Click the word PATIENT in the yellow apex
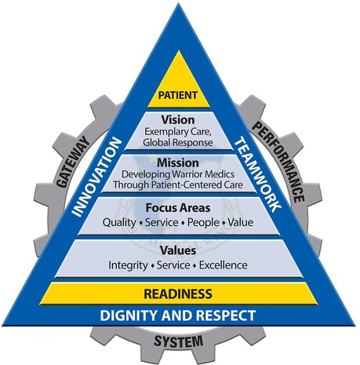click(x=178, y=95)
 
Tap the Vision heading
click(x=178, y=120)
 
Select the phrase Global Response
click(x=178, y=143)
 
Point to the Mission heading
click(x=178, y=163)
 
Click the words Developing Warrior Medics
click(x=178, y=174)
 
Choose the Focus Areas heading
click(x=178, y=208)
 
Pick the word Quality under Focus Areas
click(x=119, y=223)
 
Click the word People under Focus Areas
click(x=203, y=223)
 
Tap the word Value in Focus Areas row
click(x=241, y=222)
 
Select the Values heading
click(x=178, y=250)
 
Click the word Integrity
click(x=128, y=265)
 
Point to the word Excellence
click(x=224, y=265)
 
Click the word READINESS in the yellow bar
click(x=178, y=294)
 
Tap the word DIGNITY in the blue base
click(x=129, y=316)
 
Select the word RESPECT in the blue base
click(x=226, y=316)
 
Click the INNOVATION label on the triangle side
click(x=96, y=177)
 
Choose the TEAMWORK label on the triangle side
click(x=258, y=176)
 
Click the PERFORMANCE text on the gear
click(x=278, y=162)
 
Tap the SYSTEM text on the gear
click(x=179, y=341)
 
